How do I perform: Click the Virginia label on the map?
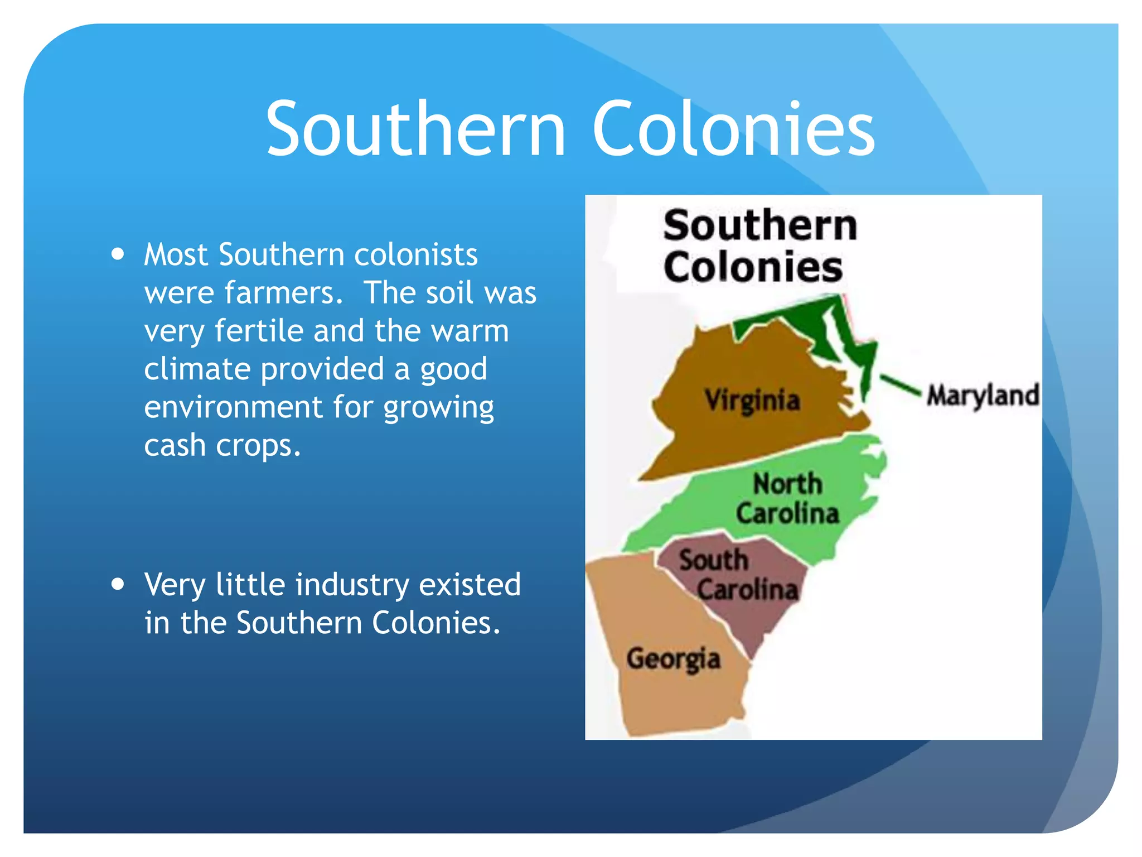pyautogui.click(x=752, y=401)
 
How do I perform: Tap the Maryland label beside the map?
pyautogui.click(x=983, y=396)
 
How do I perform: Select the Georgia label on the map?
pyautogui.click(x=673, y=659)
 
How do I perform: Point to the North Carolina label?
pyautogui.click(x=787, y=498)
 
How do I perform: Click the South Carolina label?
pyautogui.click(x=738, y=575)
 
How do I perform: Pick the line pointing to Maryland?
pyautogui.click(x=899, y=384)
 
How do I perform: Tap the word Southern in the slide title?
pyautogui.click(x=415, y=129)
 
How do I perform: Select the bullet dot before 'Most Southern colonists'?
pyautogui.click(x=118, y=254)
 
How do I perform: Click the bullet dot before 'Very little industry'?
pyautogui.click(x=118, y=585)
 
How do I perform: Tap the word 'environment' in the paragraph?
pyautogui.click(x=233, y=407)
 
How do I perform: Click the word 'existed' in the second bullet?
pyautogui.click(x=470, y=585)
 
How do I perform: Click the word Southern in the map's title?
pyautogui.click(x=759, y=225)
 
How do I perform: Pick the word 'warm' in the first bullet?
pyautogui.click(x=470, y=331)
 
